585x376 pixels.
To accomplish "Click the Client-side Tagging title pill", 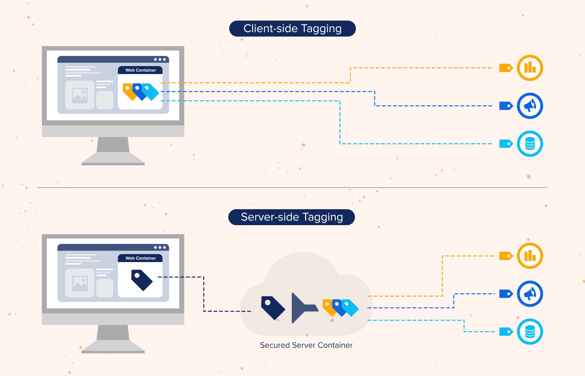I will click(x=292, y=29).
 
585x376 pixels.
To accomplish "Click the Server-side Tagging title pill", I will click(x=292, y=217).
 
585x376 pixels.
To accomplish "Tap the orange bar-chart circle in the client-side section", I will click(x=530, y=68).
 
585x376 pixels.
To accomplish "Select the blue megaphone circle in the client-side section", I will click(x=530, y=106).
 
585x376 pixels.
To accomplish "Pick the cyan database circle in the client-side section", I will click(x=530, y=144).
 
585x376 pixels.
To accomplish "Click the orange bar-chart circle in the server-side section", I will click(x=530, y=256).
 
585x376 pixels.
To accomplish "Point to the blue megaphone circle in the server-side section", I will click(x=530, y=294).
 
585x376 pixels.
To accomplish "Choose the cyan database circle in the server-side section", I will click(x=530, y=332).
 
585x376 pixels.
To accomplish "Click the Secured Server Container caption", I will click(x=306, y=345).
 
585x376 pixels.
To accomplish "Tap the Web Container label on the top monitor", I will click(x=141, y=70).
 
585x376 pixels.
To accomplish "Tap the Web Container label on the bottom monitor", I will click(x=141, y=258).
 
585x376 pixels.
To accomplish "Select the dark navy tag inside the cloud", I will click(x=273, y=308).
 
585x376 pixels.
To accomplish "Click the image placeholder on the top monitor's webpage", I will click(x=80, y=95).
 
